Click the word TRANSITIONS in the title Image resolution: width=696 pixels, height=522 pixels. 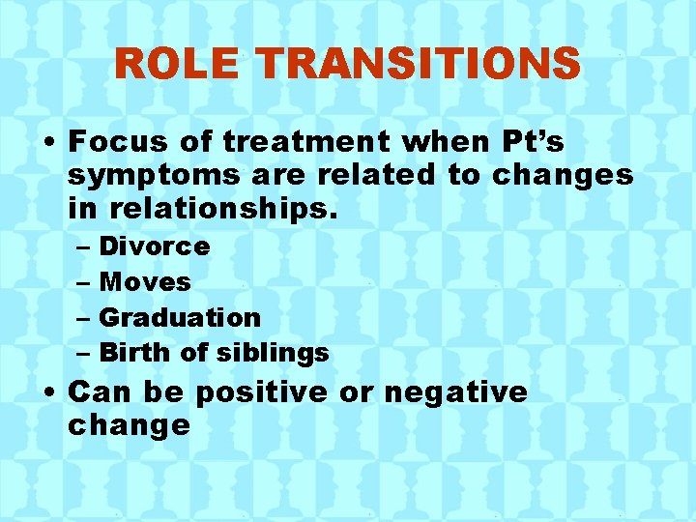pos(420,65)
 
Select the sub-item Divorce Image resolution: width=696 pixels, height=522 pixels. pos(155,246)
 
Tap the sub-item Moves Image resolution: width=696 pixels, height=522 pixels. pos(146,282)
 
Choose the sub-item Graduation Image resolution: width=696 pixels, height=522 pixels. pos(180,317)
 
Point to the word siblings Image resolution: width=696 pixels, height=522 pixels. pos(273,353)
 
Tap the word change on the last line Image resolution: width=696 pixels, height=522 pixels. pos(129,425)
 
